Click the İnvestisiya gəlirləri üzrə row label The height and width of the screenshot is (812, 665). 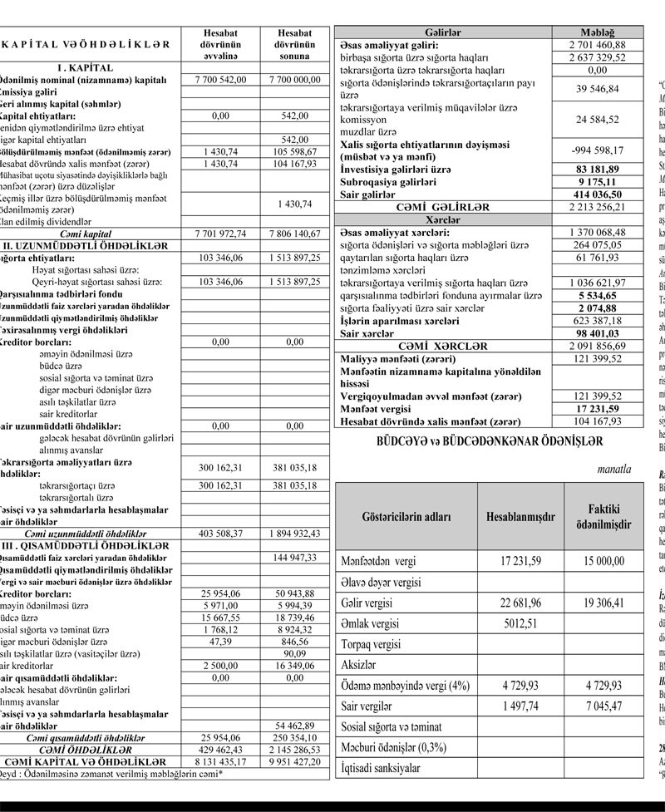pyautogui.click(x=397, y=169)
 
